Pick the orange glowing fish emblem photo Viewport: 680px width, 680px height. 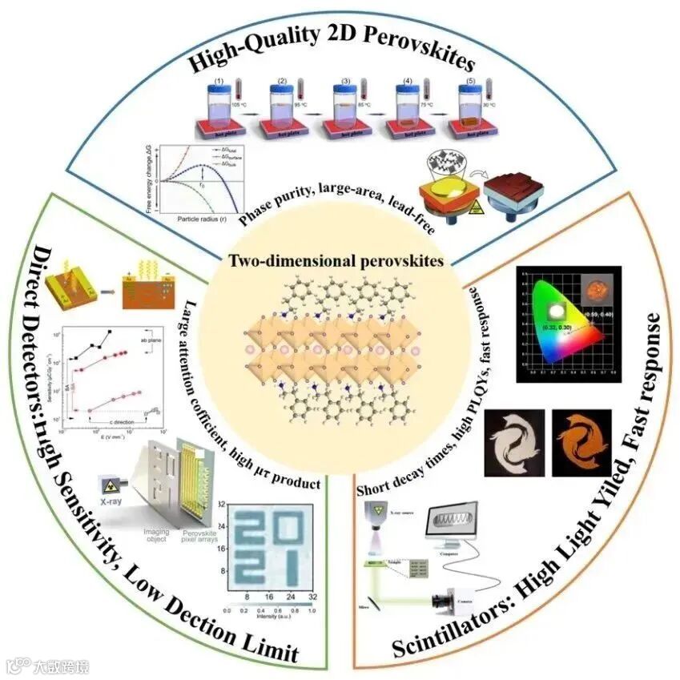coord(582,444)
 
